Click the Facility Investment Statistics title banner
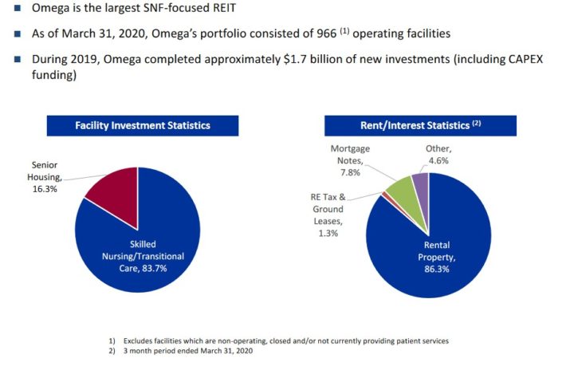(143, 125)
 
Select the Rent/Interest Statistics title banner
(402, 124)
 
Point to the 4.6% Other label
(438, 160)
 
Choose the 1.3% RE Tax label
(329, 234)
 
